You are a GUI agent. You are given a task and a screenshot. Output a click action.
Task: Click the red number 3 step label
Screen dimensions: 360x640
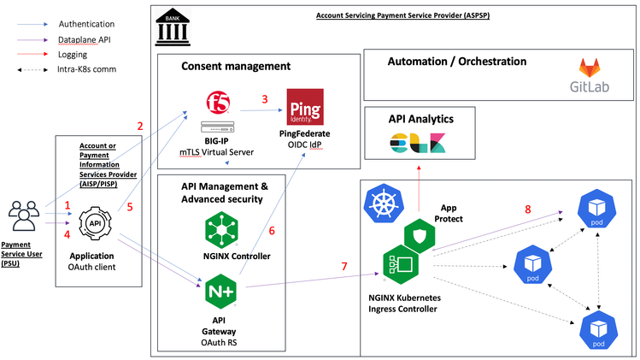(x=265, y=98)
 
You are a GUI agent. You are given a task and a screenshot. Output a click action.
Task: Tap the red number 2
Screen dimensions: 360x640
(x=139, y=126)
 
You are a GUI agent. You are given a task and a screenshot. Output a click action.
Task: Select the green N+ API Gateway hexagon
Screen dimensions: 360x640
(x=220, y=292)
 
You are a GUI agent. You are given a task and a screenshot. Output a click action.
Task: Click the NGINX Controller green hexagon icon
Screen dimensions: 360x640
(x=220, y=229)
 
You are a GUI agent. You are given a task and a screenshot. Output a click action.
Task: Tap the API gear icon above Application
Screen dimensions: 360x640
(x=95, y=222)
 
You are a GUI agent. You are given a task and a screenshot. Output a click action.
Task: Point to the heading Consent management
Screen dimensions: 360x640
(x=236, y=66)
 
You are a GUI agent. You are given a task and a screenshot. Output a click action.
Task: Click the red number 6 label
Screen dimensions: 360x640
(x=272, y=229)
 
